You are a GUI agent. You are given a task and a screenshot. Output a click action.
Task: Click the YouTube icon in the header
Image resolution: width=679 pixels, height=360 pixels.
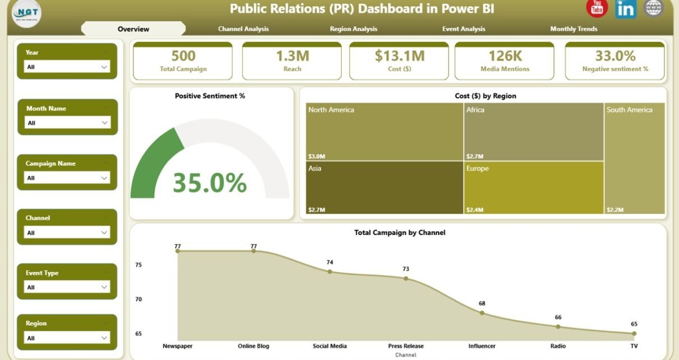click(x=597, y=7)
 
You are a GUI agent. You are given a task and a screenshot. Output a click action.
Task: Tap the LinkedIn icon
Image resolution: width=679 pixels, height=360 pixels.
click(x=625, y=8)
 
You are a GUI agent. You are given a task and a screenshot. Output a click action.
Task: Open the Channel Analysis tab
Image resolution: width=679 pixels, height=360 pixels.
click(x=243, y=29)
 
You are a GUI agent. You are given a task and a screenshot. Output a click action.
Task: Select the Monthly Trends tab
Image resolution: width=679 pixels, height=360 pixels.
click(x=574, y=29)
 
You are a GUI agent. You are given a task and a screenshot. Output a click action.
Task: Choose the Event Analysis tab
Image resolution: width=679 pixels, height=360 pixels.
click(x=464, y=29)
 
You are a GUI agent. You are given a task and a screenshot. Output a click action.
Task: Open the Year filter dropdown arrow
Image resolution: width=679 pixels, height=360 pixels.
click(x=104, y=67)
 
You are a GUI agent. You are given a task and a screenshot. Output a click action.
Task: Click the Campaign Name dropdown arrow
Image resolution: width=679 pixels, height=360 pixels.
click(x=104, y=178)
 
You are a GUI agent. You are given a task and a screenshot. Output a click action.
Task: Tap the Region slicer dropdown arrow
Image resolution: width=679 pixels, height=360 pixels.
click(x=104, y=338)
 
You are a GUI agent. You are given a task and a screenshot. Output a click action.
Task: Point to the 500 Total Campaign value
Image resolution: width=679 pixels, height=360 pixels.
click(x=183, y=56)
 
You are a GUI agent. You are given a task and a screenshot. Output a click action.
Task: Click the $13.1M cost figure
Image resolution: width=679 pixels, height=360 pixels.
click(x=400, y=56)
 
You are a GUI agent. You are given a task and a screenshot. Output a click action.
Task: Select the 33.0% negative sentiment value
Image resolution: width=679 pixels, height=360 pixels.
click(x=615, y=56)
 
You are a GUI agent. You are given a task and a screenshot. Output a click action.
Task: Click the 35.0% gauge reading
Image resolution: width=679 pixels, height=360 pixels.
click(x=209, y=183)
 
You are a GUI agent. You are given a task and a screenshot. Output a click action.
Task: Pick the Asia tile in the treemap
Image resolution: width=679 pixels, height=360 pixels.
click(x=384, y=188)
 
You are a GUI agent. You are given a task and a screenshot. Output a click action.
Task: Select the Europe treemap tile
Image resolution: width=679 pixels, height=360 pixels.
click(x=534, y=188)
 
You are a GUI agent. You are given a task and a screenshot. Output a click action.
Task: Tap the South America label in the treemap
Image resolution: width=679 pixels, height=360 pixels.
click(x=630, y=110)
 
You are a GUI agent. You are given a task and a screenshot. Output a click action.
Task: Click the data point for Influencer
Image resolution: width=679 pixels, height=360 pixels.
click(x=482, y=313)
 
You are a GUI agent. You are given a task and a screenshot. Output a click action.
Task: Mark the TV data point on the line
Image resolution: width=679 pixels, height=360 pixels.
click(x=634, y=333)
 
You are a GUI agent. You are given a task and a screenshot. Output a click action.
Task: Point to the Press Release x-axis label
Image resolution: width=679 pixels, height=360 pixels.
click(x=406, y=346)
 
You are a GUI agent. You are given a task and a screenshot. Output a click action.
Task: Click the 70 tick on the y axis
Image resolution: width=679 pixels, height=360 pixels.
click(x=139, y=299)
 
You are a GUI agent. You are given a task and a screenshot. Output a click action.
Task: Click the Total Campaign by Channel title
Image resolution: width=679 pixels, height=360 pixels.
click(x=400, y=232)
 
